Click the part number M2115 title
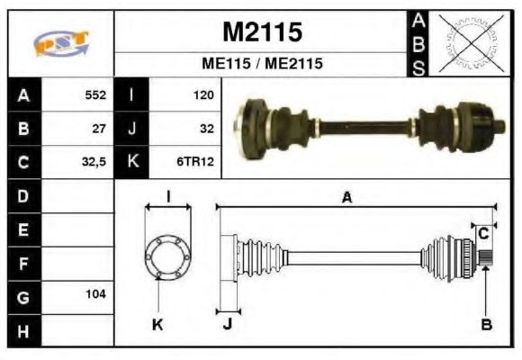tap(262, 32)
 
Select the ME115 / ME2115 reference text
tap(262, 65)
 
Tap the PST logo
tap(62, 43)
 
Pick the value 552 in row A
tap(95, 94)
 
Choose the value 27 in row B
tap(100, 129)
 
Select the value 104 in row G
tap(95, 294)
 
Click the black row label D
tap(23, 196)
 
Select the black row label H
tap(23, 331)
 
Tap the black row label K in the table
tap(132, 163)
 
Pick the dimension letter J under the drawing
tap(227, 324)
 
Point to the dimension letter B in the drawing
tap(486, 324)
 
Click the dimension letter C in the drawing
tap(483, 233)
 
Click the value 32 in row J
tap(206, 129)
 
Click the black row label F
tap(23, 265)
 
